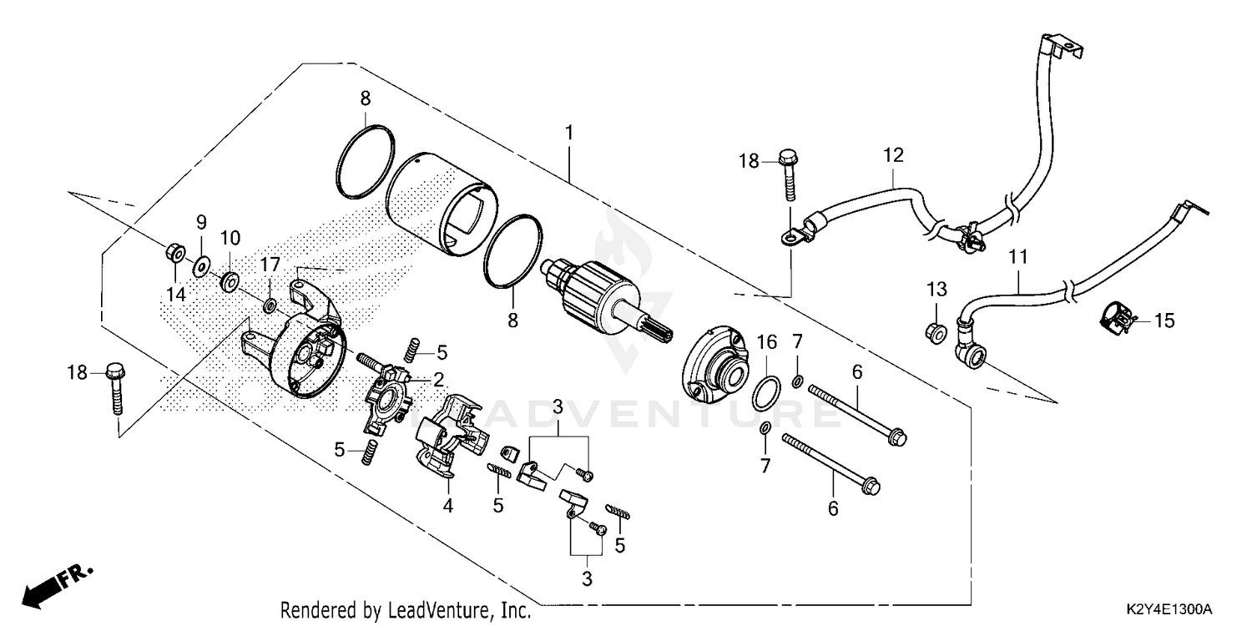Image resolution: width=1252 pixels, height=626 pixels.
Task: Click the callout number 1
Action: (569, 133)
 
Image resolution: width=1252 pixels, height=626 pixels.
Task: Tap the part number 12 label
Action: (894, 154)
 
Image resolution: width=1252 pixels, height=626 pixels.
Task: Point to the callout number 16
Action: (766, 341)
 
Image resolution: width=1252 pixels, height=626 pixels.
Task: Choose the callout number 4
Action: (448, 506)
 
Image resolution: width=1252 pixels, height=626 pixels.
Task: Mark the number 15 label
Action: (1164, 320)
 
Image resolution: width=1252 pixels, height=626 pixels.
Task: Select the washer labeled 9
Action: (201, 266)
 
